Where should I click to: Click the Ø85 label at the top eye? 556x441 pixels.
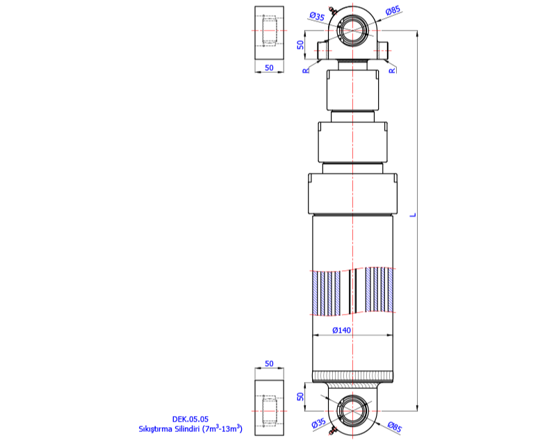392,10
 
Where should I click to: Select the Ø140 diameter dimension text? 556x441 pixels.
341,330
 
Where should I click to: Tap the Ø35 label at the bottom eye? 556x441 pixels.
319,424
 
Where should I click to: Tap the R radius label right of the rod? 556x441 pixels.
392,70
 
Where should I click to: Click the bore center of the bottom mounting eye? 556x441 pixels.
355,411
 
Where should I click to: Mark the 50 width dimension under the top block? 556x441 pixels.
270,68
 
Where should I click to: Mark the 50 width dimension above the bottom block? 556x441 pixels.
270,364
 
